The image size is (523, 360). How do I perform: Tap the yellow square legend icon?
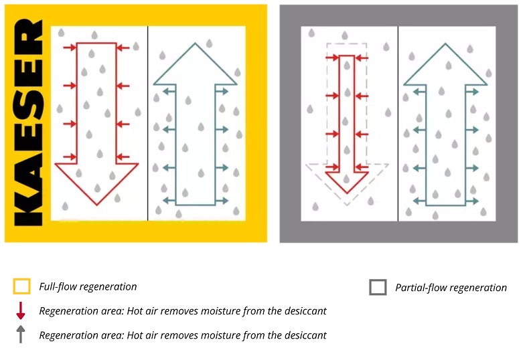click(x=22, y=287)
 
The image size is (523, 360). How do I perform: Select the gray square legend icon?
click(x=378, y=288)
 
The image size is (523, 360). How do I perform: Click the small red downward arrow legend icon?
click(x=21, y=311)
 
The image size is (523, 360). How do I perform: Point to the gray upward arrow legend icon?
click(x=21, y=334)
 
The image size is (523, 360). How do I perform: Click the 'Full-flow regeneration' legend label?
click(x=88, y=287)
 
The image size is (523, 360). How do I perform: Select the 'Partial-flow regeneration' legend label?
click(x=451, y=288)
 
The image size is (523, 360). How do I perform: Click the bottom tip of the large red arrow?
click(x=97, y=204)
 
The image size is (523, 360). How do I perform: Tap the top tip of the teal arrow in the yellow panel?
click(x=195, y=45)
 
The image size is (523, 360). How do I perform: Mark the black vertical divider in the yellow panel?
click(x=147, y=124)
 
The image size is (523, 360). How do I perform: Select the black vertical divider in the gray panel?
click(x=398, y=124)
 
